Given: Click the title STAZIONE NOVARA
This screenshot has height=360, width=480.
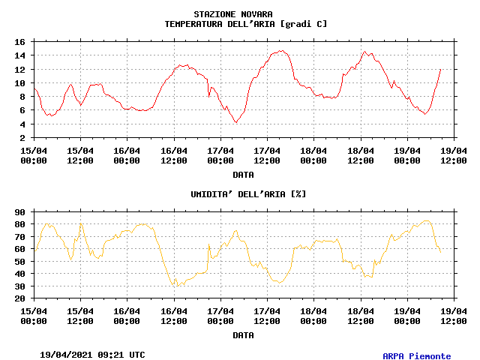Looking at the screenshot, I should click(x=233, y=14).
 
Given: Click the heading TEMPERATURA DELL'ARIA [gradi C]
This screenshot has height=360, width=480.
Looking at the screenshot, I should click(x=246, y=24).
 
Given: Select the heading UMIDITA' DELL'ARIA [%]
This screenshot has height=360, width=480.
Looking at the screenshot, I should click(x=248, y=194).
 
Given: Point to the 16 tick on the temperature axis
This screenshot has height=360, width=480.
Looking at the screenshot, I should click(x=20, y=42).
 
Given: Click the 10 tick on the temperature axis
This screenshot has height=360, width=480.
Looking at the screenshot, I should click(x=20, y=83).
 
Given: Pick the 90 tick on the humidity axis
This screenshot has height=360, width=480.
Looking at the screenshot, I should click(x=20, y=212).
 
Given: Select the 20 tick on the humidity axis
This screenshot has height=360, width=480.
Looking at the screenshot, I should click(x=20, y=298).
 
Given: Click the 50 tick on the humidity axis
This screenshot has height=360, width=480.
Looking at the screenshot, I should click(x=20, y=262).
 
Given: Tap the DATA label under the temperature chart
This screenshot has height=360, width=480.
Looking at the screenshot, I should click(x=243, y=175).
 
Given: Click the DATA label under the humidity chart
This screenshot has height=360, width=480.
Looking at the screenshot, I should click(x=243, y=335).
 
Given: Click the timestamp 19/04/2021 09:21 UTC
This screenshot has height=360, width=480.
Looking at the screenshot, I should click(x=93, y=354).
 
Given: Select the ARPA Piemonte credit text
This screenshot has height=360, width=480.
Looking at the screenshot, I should click(x=417, y=356).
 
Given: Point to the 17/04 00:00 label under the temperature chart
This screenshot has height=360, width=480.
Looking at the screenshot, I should click(x=220, y=154).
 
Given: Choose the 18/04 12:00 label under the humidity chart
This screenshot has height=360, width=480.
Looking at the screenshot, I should click(x=361, y=315).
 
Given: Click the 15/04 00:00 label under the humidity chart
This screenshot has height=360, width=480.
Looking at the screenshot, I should click(x=34, y=315).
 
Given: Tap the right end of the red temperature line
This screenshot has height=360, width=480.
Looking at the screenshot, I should click(x=440, y=69).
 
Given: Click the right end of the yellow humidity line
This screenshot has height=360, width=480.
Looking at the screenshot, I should click(x=440, y=250).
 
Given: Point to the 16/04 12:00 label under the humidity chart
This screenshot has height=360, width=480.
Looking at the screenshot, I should click(x=174, y=315).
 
